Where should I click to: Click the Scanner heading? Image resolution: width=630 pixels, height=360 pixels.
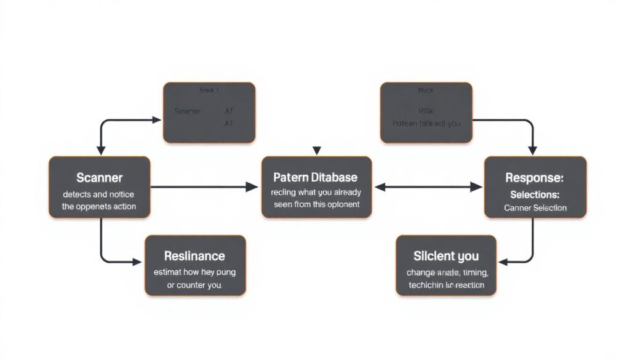coord(99,178)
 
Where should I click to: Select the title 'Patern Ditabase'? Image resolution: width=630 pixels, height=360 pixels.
coord(314,177)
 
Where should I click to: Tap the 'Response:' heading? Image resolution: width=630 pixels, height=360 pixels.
coord(534,178)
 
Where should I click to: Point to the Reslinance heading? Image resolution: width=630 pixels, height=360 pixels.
coord(194,255)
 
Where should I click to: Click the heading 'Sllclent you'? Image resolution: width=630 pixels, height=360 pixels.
coord(446,256)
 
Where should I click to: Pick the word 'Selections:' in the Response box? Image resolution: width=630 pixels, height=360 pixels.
coord(535,194)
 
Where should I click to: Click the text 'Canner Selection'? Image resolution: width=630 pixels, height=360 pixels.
coord(535,207)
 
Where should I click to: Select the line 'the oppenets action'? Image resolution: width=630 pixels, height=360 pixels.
coord(99,206)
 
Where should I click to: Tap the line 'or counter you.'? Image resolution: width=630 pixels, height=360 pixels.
coord(194,286)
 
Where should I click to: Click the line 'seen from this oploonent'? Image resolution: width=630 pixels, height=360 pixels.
coord(314,204)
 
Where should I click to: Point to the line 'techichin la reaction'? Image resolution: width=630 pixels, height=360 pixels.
coord(446,285)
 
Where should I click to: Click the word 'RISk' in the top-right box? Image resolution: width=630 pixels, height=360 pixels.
coord(426,111)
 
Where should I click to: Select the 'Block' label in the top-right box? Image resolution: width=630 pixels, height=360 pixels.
coord(426,90)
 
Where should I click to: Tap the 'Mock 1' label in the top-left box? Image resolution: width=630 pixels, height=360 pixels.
coord(209,90)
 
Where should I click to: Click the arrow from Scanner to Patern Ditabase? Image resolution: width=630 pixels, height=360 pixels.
coord(203,186)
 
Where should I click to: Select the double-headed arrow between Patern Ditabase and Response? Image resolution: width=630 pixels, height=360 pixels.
coord(429,186)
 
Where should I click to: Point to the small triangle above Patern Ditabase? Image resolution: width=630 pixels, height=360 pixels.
coord(317,150)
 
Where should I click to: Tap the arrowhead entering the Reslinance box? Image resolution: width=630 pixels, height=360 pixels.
coord(137,262)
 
